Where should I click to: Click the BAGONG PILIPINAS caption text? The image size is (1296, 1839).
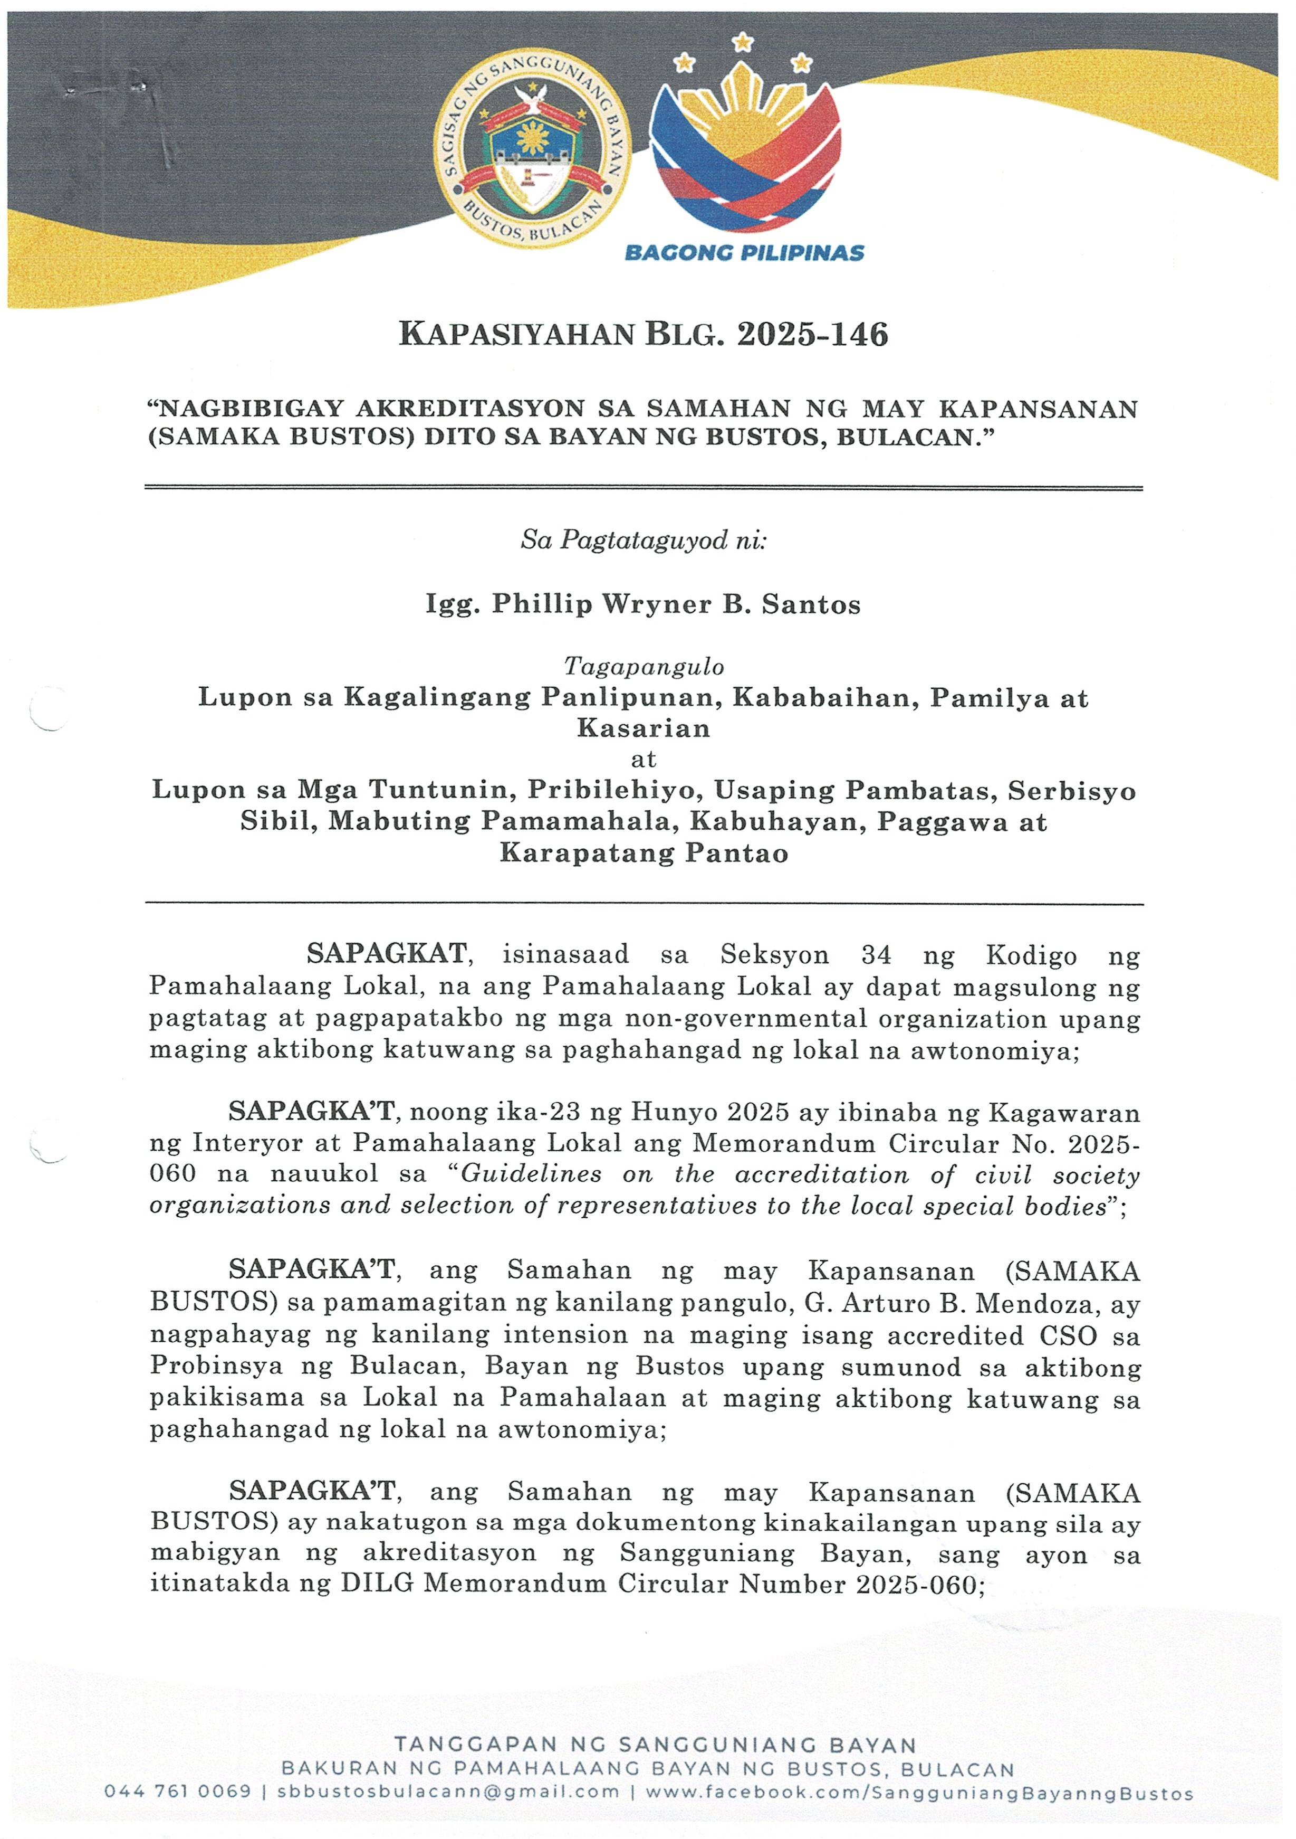pyautogui.click(x=744, y=254)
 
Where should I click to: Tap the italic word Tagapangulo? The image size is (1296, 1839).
pyautogui.click(x=644, y=666)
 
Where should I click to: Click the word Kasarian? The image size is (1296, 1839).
pyautogui.click(x=644, y=728)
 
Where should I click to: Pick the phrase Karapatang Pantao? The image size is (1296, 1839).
pyautogui.click(x=644, y=853)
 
